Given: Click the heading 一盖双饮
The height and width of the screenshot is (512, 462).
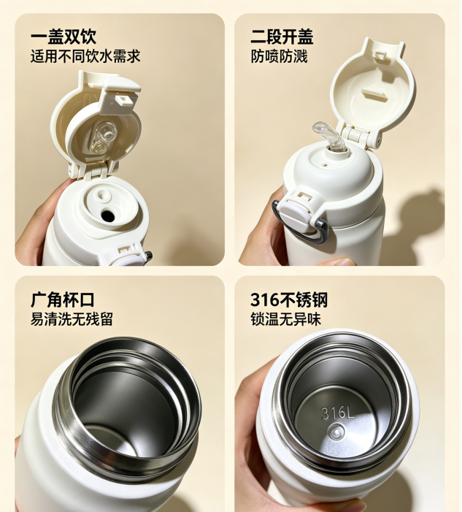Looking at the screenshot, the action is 63,37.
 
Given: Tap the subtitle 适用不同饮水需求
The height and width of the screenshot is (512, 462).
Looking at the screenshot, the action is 85,56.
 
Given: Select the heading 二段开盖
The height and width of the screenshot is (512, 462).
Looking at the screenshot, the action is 282,37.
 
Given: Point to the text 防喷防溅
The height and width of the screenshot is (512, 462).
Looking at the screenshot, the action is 279,56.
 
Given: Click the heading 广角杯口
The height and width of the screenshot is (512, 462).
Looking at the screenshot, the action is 63,299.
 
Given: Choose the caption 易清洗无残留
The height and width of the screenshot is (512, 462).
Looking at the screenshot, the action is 72,319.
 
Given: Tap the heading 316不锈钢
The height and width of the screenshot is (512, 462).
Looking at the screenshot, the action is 289,299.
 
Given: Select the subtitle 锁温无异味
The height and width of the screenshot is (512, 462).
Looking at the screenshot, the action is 286,319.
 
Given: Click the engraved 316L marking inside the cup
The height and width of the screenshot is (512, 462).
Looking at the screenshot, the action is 337,413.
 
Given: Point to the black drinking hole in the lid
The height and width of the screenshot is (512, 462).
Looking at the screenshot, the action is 108,215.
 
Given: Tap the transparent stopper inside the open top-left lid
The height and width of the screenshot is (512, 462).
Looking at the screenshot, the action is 104,137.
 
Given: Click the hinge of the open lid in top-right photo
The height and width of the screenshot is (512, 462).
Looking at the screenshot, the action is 360,137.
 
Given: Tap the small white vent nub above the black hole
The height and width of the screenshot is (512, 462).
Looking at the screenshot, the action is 103,195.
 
